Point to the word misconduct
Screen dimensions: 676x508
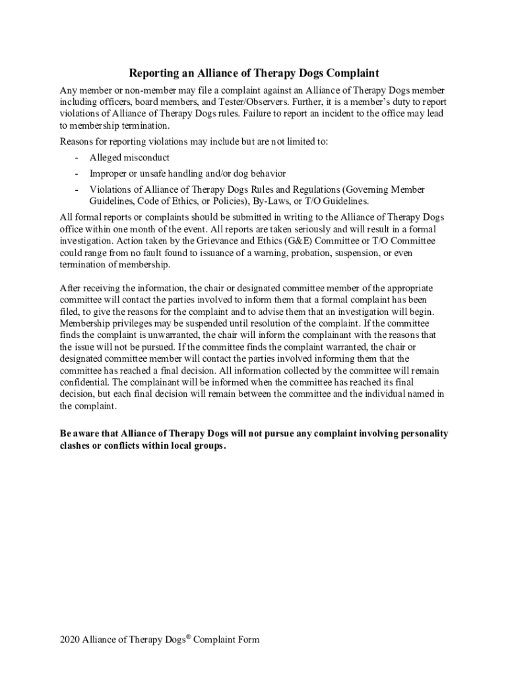(146, 157)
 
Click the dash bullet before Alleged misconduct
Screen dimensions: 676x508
(77, 157)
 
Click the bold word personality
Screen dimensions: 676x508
(421, 434)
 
